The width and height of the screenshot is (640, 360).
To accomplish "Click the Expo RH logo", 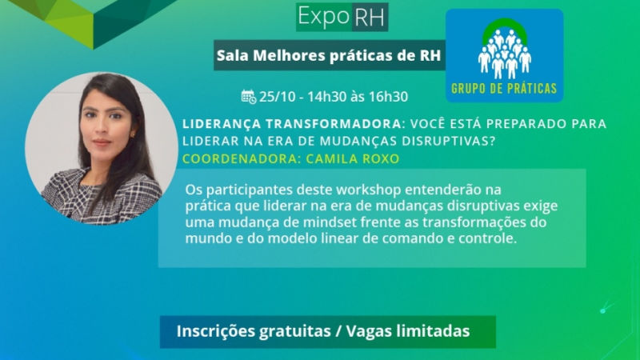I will tap(342, 17).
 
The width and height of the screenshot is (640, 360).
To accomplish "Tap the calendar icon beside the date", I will tap(249, 97).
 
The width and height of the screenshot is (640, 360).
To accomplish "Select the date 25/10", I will tap(278, 97).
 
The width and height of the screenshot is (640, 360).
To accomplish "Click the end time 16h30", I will tap(387, 97).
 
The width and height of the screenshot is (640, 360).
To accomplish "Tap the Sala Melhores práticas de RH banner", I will tap(329, 55).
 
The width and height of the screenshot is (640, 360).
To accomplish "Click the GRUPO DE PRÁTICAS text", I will tap(504, 88).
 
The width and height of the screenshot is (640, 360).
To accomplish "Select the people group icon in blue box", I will tap(504, 50).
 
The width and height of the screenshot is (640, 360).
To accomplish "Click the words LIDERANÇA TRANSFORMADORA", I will tap(290, 124).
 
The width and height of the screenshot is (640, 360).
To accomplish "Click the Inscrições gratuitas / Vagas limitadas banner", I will tap(327, 331).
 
